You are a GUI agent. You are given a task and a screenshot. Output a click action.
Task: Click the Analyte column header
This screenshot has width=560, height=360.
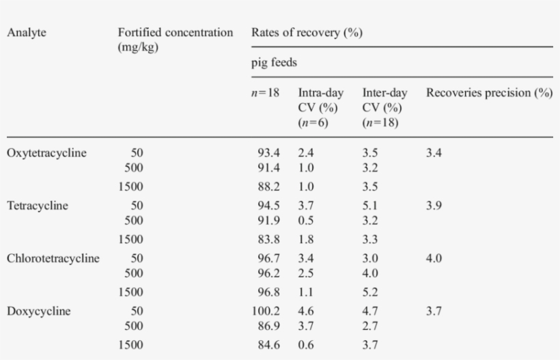(x=27, y=33)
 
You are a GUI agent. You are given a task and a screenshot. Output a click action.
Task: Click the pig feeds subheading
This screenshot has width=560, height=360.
(x=274, y=63)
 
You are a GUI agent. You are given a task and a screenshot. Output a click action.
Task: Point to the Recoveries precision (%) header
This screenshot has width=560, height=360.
(x=489, y=92)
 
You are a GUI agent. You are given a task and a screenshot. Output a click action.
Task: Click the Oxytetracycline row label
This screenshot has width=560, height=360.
(x=46, y=153)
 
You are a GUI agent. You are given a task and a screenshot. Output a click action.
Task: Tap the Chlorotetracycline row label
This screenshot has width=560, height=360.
(x=53, y=259)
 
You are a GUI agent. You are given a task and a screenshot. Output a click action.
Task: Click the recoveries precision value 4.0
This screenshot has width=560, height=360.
(x=434, y=259)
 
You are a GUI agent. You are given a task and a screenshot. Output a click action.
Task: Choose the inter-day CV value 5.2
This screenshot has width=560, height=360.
(x=370, y=292)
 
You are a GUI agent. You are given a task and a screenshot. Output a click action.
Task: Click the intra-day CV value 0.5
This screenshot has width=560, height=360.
(x=305, y=220)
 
